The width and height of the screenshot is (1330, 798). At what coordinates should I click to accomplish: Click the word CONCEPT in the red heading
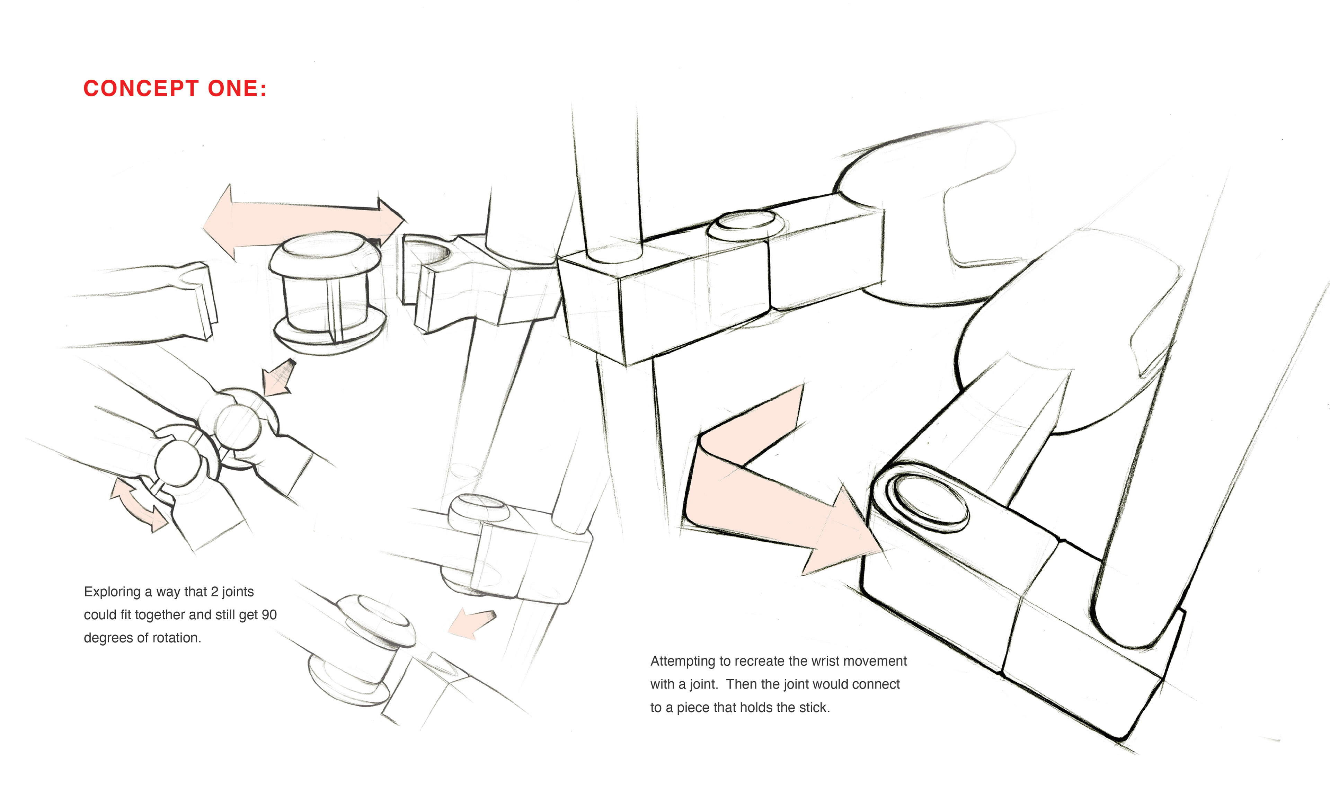141,89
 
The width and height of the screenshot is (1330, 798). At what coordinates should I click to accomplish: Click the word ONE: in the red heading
237,89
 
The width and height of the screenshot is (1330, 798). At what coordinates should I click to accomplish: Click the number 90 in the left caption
269,615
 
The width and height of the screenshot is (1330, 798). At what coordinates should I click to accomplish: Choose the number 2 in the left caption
214,592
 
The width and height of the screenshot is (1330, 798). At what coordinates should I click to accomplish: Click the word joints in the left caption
238,592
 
